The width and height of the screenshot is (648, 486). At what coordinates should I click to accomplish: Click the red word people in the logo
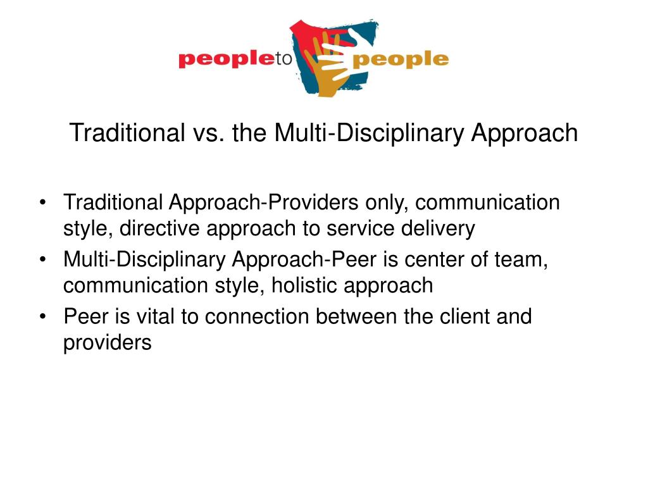[x=227, y=60]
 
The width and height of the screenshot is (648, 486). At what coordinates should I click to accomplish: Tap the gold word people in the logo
[x=401, y=60]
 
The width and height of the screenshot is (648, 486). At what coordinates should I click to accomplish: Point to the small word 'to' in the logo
[x=284, y=59]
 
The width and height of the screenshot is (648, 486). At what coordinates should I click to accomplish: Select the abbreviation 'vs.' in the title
[x=208, y=133]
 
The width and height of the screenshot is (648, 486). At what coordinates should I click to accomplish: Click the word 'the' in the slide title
[x=249, y=133]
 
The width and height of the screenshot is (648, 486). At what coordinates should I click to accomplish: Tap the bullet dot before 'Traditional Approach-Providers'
[x=42, y=203]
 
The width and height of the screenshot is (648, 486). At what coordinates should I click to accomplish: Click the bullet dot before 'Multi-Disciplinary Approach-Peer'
[x=42, y=260]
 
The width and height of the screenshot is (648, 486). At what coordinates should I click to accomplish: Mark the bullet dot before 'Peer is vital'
[x=42, y=317]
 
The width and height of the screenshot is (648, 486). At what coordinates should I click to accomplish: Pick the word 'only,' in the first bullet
[x=387, y=203]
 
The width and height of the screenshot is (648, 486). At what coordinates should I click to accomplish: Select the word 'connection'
[x=257, y=317]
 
